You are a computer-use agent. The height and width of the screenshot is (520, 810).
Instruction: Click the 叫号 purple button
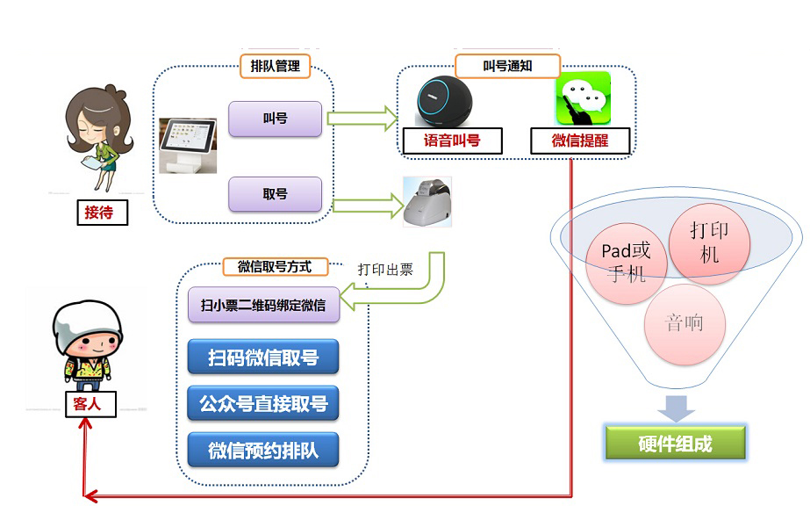point(275,119)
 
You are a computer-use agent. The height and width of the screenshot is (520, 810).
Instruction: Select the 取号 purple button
point(275,194)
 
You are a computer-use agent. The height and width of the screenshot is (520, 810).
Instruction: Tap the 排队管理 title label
point(275,66)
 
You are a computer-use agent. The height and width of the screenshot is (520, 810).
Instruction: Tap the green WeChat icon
point(582,98)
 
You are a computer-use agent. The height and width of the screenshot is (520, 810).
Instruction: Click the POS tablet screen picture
point(188,145)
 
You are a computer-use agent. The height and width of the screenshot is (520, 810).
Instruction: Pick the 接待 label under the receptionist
point(98,212)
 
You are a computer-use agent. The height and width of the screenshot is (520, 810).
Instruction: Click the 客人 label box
point(86,404)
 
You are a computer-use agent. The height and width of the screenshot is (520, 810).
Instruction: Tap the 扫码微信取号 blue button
point(262,357)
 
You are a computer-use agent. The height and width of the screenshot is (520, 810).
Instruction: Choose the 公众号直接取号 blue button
point(262,404)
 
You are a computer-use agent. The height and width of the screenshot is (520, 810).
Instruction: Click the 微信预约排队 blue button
point(262,451)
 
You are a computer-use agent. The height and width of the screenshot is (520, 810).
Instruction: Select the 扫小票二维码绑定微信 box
point(262,306)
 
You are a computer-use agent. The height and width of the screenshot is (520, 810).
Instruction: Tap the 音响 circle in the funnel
point(685,323)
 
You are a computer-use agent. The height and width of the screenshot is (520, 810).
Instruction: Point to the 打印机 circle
point(709,242)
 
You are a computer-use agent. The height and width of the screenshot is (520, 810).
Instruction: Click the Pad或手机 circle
point(627,262)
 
